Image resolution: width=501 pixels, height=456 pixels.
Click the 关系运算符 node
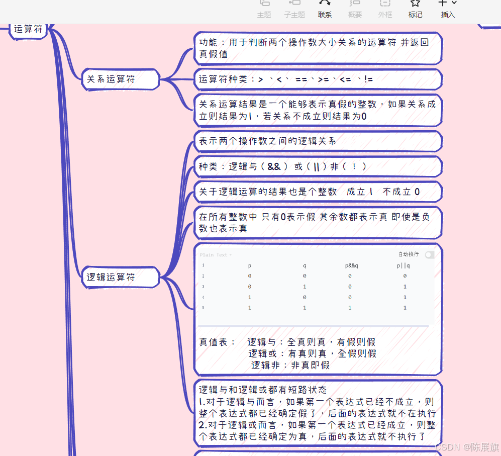[111, 79]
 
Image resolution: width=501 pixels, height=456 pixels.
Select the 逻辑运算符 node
[111, 277]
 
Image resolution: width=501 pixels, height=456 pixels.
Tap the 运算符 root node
[28, 29]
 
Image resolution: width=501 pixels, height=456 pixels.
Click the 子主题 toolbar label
[294, 15]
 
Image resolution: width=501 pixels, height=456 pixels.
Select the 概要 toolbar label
[355, 15]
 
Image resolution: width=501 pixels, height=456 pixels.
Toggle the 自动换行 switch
[429, 255]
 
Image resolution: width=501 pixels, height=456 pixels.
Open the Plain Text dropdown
[216, 255]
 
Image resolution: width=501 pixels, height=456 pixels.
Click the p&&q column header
[351, 265]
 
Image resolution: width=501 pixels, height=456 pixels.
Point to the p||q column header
[403, 265]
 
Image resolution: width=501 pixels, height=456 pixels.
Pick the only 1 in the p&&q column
[350, 307]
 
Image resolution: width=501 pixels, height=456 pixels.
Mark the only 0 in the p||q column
[405, 276]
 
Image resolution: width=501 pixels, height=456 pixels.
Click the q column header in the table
[304, 265]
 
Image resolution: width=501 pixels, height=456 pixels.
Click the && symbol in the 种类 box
[274, 166]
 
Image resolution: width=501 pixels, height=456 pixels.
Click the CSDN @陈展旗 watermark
[466, 447]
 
